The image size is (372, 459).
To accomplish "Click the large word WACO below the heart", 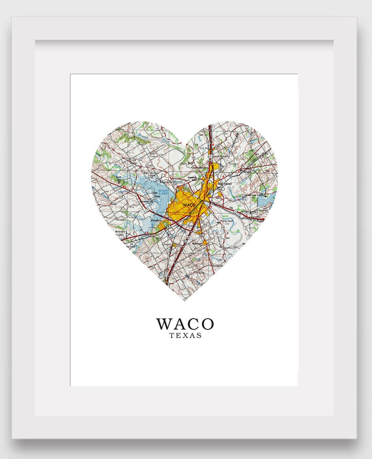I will pyautogui.click(x=185, y=324).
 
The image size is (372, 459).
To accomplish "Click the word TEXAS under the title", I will pyautogui.click(x=185, y=335).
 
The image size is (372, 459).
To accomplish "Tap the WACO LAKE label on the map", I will pyautogui.click(x=163, y=192).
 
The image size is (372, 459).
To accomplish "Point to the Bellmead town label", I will pyautogui.click(x=225, y=184).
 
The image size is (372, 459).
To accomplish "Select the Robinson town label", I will pyautogui.click(x=197, y=243).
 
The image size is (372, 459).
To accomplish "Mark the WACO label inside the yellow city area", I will pyautogui.click(x=189, y=205).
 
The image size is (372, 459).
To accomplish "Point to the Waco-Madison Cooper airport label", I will pyautogui.click(x=151, y=173).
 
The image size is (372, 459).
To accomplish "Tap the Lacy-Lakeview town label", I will pyautogui.click(x=199, y=168).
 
